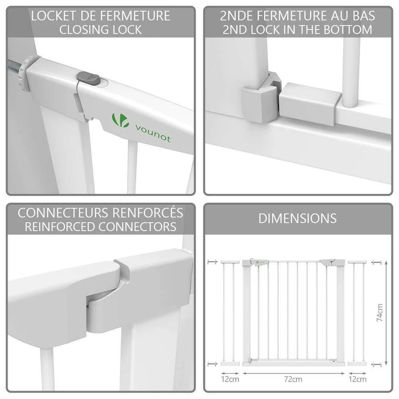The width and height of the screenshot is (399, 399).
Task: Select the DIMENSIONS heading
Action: pyautogui.click(x=298, y=218)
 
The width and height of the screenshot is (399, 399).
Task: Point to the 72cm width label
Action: pyautogui.click(x=294, y=379)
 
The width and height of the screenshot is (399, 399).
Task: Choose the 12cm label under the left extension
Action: pyautogui.click(x=230, y=379)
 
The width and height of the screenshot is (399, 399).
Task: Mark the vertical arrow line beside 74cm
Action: pyautogui.click(x=386, y=312)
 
